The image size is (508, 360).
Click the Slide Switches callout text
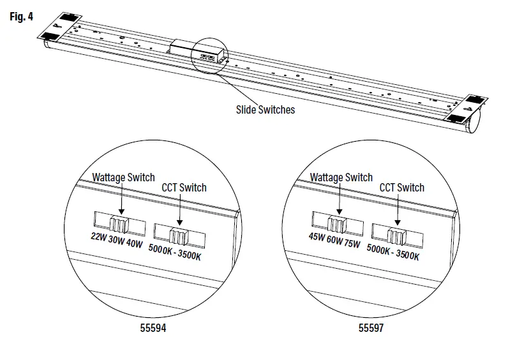(265, 110)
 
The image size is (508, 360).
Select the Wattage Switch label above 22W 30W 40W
(123, 177)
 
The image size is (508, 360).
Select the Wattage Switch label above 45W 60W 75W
(341, 177)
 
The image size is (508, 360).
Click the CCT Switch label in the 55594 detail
(184, 188)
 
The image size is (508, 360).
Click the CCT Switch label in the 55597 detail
(401, 188)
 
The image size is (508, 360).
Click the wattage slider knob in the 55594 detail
(119, 223)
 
